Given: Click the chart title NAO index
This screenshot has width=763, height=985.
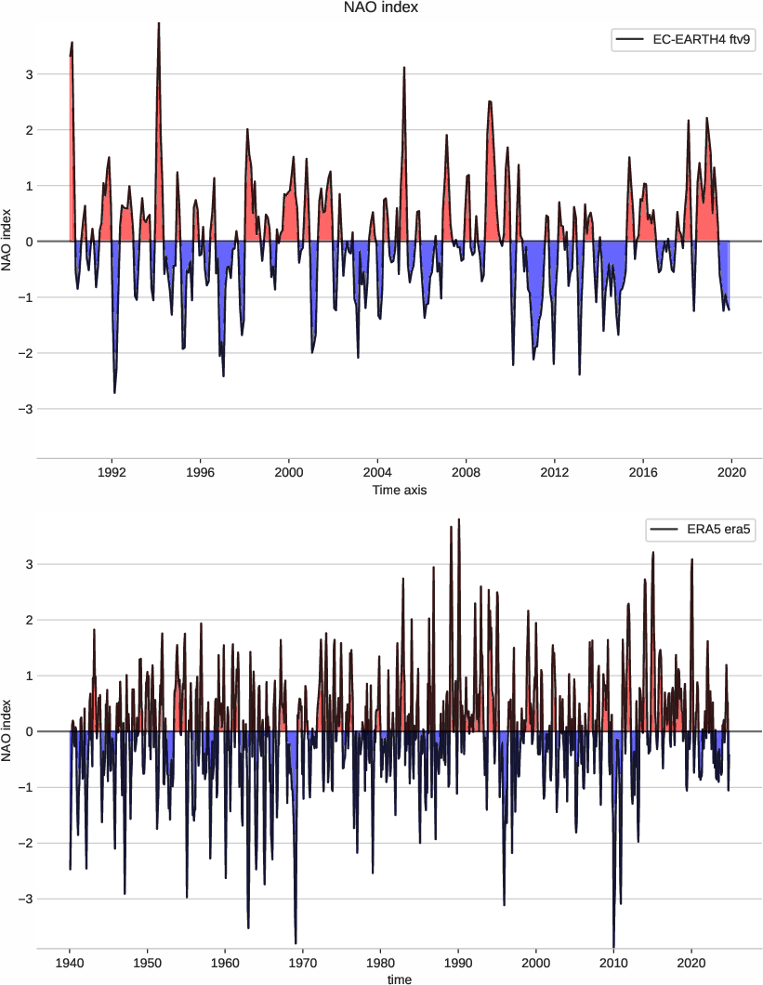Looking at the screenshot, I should pyautogui.click(x=381, y=8).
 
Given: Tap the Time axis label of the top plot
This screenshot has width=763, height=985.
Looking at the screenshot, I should pyautogui.click(x=399, y=490).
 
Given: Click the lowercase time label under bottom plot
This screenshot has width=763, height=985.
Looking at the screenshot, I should pyautogui.click(x=399, y=978).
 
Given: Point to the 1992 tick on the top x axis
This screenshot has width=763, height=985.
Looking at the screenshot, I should pyautogui.click(x=112, y=471).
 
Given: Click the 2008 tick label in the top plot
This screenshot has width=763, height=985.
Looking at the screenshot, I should pyautogui.click(x=466, y=471).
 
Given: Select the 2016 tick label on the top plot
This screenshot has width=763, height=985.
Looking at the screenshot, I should pyautogui.click(x=643, y=471).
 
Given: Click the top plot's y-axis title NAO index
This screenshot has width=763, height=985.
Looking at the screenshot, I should pyautogui.click(x=8, y=242).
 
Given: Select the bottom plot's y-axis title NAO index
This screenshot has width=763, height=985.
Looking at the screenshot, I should pyautogui.click(x=8, y=732).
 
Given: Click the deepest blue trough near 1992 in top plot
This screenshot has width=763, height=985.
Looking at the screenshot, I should pyautogui.click(x=114, y=392).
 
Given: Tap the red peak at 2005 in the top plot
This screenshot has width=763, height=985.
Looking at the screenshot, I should pyautogui.click(x=404, y=68).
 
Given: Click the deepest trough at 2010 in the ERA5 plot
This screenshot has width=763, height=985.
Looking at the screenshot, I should pyautogui.click(x=613, y=945).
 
